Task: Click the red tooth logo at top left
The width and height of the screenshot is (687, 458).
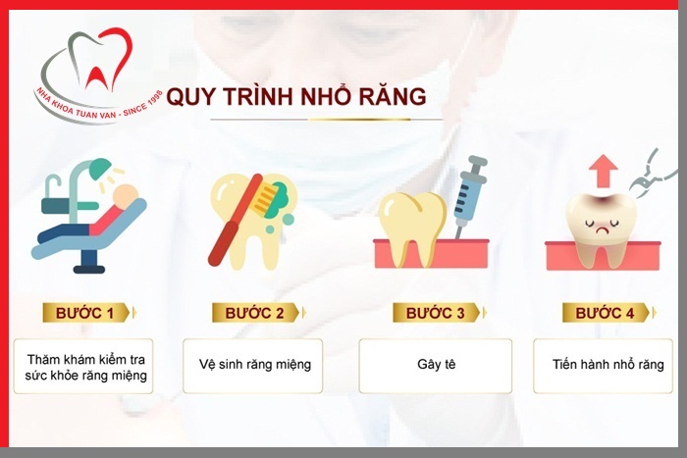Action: (94, 64)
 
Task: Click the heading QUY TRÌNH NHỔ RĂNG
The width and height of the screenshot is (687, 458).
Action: (296, 97)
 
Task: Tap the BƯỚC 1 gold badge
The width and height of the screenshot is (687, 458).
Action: (87, 313)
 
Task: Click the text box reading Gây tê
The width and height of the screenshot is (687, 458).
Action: (435, 366)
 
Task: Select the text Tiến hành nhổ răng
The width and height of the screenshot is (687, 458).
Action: (608, 365)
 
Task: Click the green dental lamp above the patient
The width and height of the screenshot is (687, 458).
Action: (99, 170)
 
